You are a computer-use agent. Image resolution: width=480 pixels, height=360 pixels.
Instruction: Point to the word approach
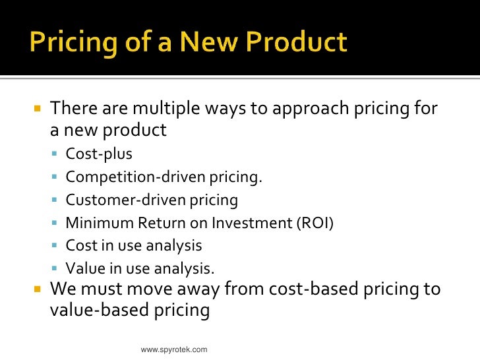point(293,108)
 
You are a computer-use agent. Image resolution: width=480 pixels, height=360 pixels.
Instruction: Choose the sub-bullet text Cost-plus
point(99,154)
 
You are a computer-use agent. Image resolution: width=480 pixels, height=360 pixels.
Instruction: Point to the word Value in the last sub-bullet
point(83,268)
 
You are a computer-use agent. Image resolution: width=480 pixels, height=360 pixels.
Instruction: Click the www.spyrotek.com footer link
point(174,349)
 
